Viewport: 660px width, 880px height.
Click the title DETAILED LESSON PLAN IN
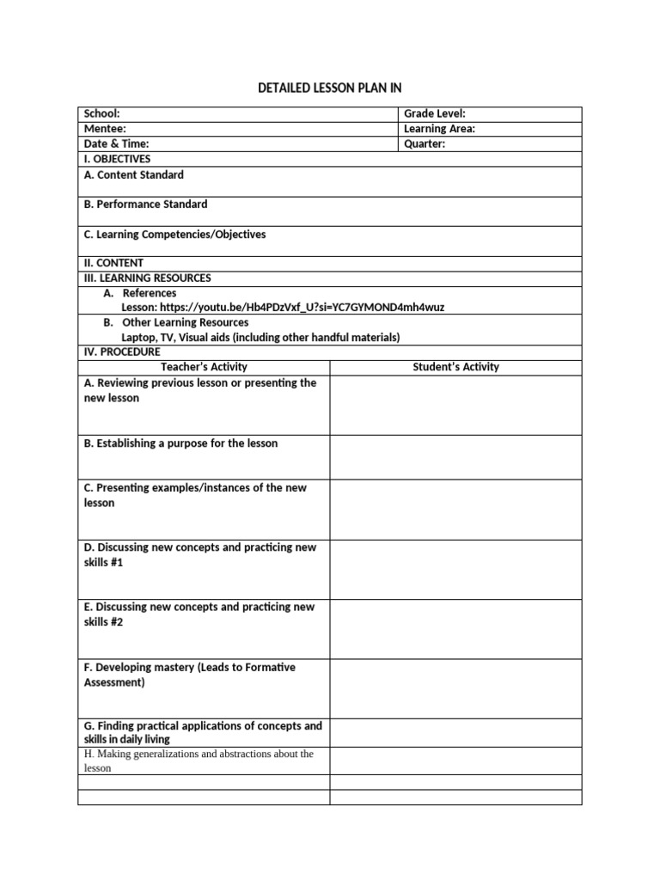tap(330, 88)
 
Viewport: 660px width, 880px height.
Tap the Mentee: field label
tap(105, 129)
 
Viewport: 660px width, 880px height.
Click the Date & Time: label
tap(116, 144)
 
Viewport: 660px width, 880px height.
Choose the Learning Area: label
tap(439, 129)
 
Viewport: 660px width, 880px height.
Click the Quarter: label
tap(425, 144)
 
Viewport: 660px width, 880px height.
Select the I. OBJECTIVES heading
tap(117, 159)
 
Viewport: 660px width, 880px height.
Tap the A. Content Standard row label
tap(133, 175)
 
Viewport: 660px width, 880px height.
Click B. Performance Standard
tap(145, 205)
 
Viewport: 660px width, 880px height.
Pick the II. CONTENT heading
tap(113, 263)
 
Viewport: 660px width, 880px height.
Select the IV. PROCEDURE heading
tap(121, 351)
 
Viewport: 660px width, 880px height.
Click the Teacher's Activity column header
tap(204, 367)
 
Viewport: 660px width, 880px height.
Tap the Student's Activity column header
tap(455, 367)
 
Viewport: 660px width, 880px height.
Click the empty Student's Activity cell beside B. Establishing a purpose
tap(455, 457)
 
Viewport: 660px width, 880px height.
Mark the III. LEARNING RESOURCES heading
tap(147, 278)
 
